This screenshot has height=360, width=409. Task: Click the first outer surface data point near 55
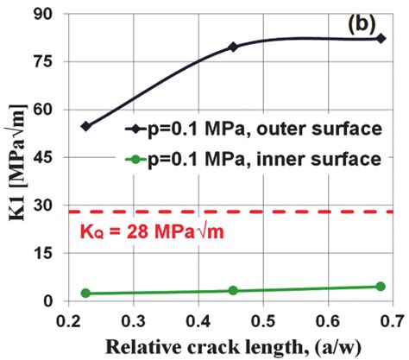(x=85, y=126)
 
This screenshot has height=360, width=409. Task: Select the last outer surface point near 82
(x=381, y=39)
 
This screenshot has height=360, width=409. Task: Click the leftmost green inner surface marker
(x=85, y=294)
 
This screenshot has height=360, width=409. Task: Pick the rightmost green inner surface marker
(x=381, y=287)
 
